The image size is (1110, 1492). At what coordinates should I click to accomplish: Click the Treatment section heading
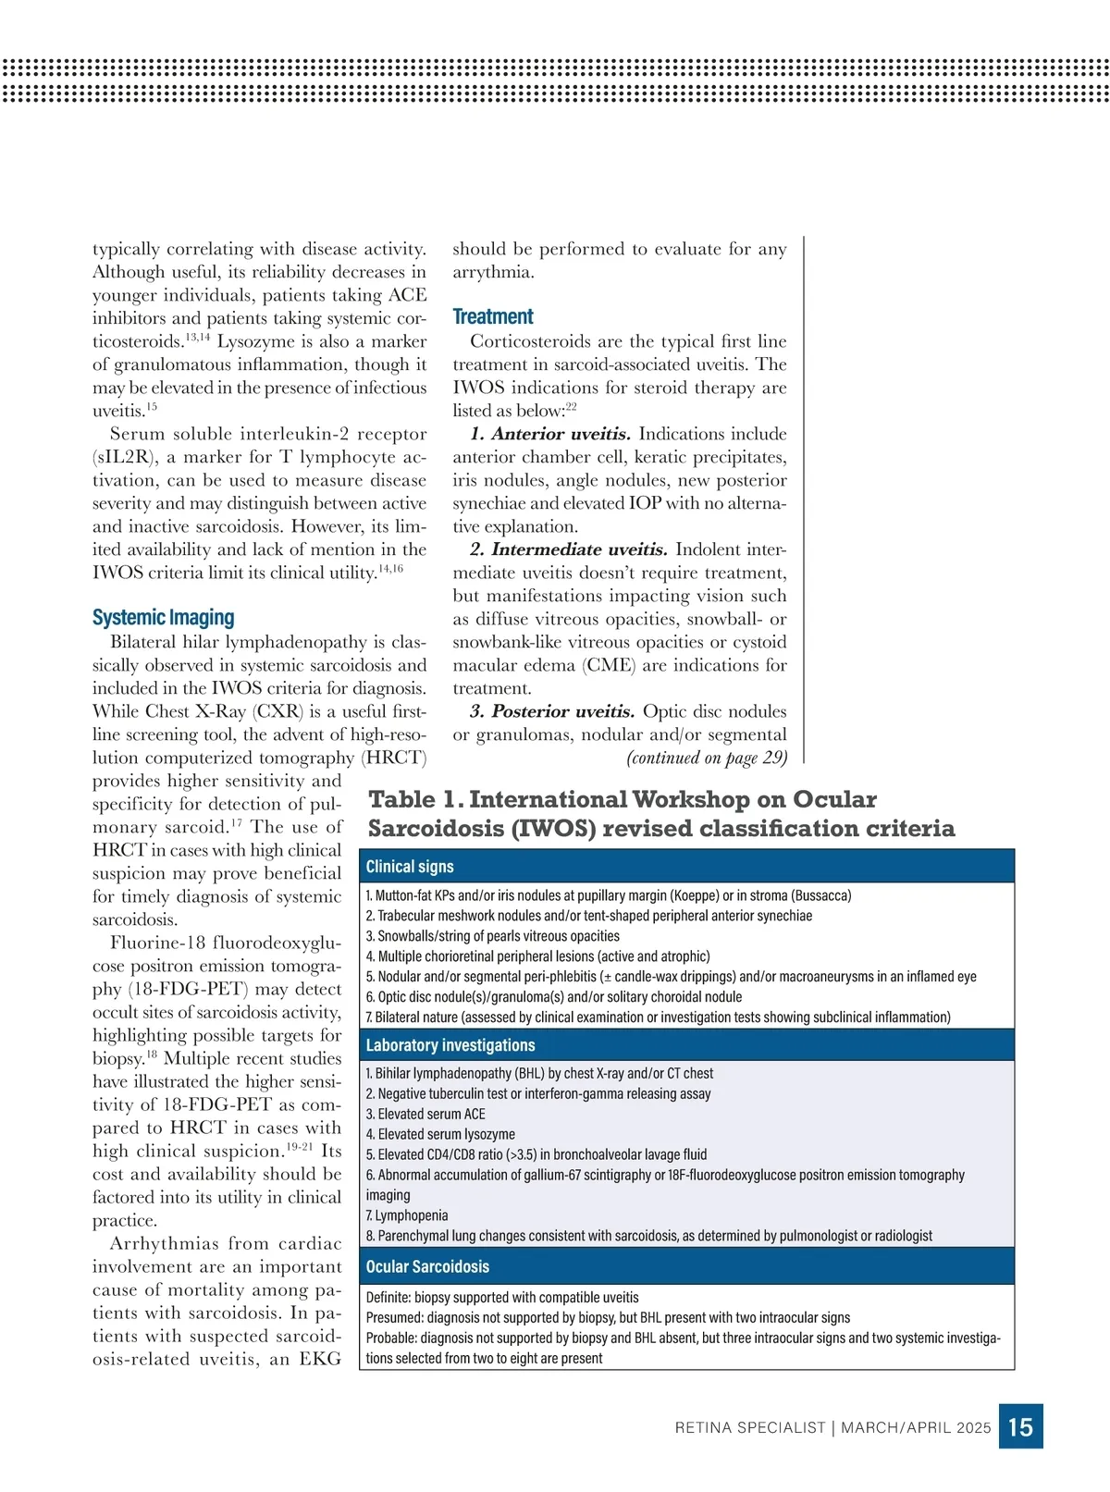coord(493,316)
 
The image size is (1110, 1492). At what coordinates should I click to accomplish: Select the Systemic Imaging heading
coord(163,617)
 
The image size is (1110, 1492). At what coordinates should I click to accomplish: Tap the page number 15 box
coord(1020,1426)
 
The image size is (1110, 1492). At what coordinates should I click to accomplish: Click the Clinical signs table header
coord(410,867)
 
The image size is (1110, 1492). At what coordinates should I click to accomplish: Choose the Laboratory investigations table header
coord(450,1045)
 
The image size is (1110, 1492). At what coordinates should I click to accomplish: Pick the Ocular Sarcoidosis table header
coord(427,1266)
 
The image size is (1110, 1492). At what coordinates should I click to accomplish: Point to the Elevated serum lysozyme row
coord(440,1134)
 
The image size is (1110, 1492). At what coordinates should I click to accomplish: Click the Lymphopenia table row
coord(407,1215)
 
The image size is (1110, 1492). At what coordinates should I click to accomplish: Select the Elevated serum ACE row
coord(425,1114)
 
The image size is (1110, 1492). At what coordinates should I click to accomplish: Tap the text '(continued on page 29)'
coord(707,758)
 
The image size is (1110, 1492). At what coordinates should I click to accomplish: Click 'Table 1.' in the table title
coord(414,799)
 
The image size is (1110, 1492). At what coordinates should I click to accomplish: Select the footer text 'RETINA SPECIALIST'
coord(749,1427)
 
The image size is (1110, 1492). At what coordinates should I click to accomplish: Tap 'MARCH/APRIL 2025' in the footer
coord(916,1427)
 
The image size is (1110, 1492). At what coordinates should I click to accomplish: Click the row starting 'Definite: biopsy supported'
coord(502,1298)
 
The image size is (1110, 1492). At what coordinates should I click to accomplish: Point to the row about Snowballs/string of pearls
coord(493,936)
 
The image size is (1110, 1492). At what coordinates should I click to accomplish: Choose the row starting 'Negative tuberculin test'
coord(538,1093)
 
